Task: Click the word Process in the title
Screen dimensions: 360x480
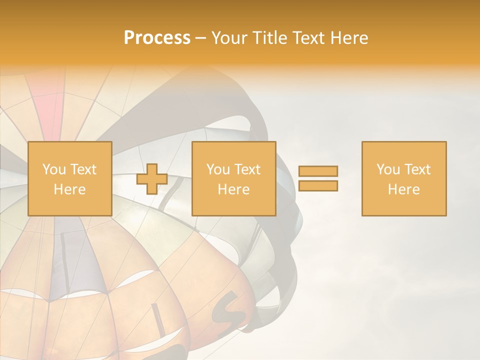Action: tap(157, 38)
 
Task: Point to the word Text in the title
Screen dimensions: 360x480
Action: tap(309, 38)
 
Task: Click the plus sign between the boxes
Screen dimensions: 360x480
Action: tap(152, 179)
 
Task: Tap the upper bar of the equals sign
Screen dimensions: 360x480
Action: tap(318, 171)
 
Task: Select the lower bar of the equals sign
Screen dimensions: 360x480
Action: tap(318, 186)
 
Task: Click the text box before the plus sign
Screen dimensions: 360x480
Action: tap(69, 179)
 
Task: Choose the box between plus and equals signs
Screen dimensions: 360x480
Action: tap(234, 179)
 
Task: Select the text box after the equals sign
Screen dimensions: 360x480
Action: tap(404, 179)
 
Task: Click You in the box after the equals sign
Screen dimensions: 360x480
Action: tap(388, 169)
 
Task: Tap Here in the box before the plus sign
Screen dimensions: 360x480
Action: tap(69, 189)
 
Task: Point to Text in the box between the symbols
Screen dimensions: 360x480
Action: tap(247, 169)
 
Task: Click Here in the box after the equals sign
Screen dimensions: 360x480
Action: tap(404, 189)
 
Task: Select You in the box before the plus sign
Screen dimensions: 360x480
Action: tap(54, 169)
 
